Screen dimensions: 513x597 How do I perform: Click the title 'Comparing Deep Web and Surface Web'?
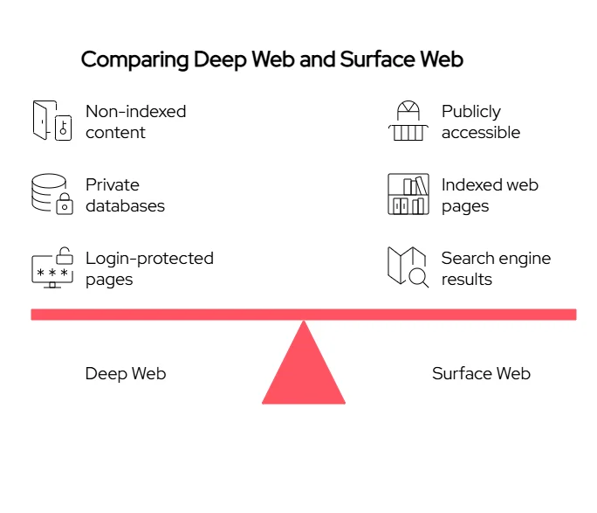point(271,59)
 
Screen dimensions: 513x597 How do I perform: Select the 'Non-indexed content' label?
point(135,122)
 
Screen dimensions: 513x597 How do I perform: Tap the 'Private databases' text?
point(125,196)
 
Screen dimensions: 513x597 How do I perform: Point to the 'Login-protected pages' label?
point(149,269)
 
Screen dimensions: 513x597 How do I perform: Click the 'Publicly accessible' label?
point(480,122)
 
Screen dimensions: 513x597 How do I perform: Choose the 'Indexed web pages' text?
point(489,196)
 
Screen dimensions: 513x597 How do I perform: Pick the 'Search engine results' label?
point(496,269)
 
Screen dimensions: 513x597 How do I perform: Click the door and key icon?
point(51,121)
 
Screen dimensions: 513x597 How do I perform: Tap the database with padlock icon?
point(51,194)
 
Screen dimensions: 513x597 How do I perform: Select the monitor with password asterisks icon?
point(51,268)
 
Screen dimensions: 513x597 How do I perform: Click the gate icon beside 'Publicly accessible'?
point(408,121)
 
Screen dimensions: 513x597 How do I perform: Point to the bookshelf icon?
point(408,194)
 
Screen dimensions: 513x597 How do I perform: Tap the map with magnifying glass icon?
point(408,267)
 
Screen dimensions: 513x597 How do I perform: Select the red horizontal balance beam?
point(304,314)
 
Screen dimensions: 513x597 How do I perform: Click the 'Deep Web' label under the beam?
point(126,374)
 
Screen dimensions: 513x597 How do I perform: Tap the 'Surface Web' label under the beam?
point(481,374)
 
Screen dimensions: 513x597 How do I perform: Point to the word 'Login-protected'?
point(149,259)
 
